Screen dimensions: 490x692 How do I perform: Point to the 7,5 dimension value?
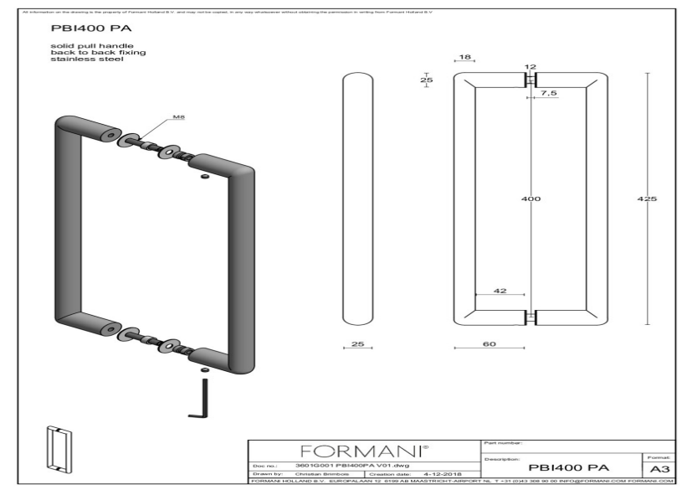(x=549, y=93)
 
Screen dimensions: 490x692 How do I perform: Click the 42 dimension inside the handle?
(x=500, y=291)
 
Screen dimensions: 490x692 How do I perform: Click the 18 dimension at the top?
(x=465, y=58)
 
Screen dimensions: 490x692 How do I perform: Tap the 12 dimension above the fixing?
(x=529, y=66)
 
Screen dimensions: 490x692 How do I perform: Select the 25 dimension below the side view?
(x=356, y=344)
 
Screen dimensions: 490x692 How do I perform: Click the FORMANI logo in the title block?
(x=365, y=451)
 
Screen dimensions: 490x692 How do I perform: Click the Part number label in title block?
(x=503, y=442)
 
